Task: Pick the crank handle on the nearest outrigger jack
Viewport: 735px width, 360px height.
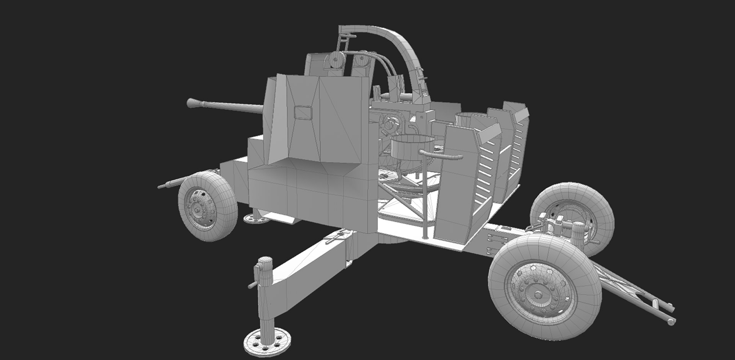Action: tap(253, 285)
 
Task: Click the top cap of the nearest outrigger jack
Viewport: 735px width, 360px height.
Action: tap(264, 262)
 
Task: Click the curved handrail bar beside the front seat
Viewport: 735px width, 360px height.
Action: tap(440, 155)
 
